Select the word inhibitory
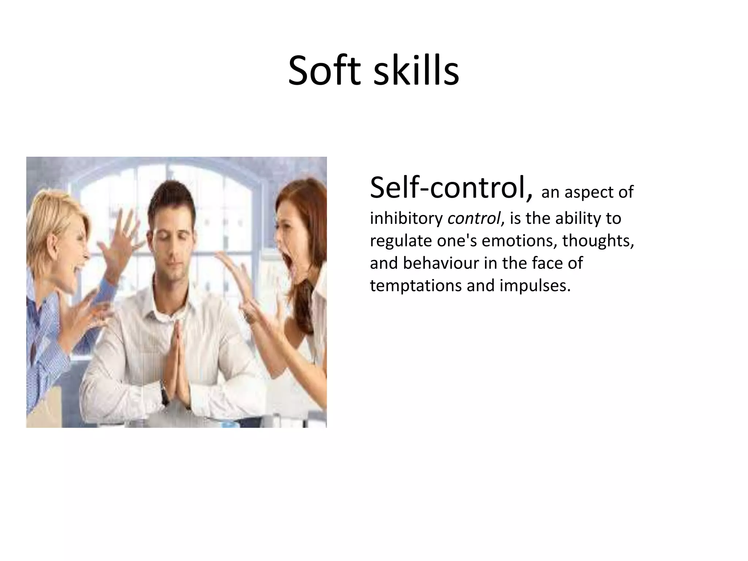point(406,218)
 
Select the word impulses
point(535,286)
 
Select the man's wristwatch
point(165,394)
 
